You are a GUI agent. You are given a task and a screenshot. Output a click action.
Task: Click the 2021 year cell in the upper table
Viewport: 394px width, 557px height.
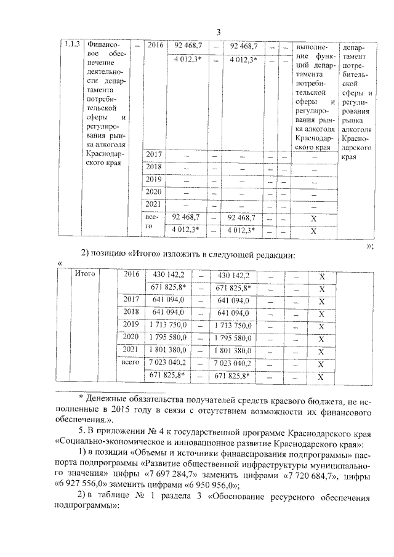click(151, 205)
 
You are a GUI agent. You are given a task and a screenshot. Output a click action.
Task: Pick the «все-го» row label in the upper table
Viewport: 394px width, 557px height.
click(151, 223)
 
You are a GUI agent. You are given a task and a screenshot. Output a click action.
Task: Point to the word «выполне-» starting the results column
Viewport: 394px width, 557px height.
click(313, 47)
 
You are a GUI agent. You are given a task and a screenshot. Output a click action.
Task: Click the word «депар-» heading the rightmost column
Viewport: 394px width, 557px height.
click(356, 47)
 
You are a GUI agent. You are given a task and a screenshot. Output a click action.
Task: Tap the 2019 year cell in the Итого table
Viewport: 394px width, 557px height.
click(131, 324)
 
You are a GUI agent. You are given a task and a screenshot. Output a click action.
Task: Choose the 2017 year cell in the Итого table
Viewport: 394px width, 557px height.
click(131, 300)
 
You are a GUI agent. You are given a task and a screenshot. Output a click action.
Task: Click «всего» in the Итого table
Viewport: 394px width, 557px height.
click(131, 363)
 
